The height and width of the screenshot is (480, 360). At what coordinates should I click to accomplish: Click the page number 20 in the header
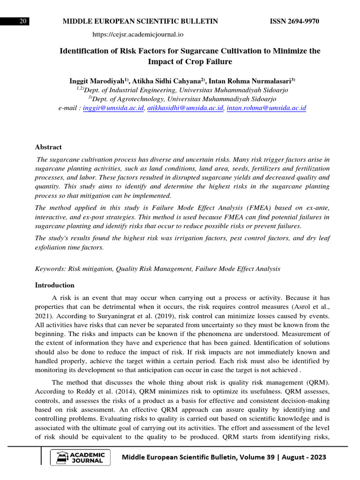(x=22, y=22)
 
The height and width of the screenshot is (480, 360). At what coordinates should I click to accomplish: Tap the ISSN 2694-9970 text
(x=294, y=22)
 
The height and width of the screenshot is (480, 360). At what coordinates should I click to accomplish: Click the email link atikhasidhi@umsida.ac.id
(x=185, y=108)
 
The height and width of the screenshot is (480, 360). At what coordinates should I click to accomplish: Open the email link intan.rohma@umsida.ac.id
(x=266, y=108)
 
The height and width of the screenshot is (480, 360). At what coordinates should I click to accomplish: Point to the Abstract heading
(x=48, y=147)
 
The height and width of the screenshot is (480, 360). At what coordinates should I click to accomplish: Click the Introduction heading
(x=55, y=285)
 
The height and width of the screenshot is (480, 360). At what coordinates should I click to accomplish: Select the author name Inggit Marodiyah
(x=97, y=81)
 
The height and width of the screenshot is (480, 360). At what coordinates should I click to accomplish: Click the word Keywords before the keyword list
(x=51, y=269)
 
